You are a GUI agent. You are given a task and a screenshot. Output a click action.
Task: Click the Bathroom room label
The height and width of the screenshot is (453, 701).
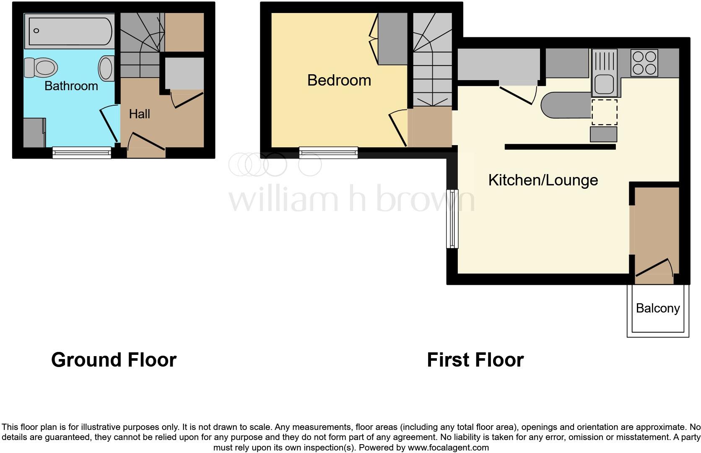[71, 86]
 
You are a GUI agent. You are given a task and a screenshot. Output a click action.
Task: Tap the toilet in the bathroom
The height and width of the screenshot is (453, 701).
[41, 68]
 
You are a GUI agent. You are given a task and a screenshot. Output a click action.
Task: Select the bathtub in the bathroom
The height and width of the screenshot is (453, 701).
[70, 31]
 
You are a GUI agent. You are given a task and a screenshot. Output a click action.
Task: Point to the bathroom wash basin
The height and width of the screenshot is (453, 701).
[106, 69]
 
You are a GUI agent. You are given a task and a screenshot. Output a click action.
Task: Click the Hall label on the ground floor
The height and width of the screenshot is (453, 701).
[139, 114]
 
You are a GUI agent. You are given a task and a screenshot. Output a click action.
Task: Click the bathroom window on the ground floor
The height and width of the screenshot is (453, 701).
[82, 153]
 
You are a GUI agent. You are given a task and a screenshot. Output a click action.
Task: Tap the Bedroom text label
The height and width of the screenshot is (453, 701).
[339, 80]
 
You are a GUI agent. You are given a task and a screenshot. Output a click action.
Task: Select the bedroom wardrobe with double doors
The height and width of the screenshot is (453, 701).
[392, 39]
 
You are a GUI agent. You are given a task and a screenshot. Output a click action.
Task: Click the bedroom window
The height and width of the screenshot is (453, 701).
[328, 153]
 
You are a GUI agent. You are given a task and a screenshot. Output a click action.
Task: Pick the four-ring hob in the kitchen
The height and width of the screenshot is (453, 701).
[644, 62]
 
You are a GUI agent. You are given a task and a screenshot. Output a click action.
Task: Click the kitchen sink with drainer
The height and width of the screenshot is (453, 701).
[604, 72]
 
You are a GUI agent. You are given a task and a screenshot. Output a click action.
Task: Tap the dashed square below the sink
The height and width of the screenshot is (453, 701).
[604, 112]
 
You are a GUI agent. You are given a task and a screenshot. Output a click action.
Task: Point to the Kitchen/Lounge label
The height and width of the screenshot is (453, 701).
[543, 180]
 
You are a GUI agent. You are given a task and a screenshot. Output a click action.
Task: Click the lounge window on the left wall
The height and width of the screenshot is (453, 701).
[452, 219]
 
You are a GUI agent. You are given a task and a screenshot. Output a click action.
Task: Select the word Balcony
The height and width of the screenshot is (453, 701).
[657, 308]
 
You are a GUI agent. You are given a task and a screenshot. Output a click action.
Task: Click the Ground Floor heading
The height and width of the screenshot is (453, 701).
[114, 360]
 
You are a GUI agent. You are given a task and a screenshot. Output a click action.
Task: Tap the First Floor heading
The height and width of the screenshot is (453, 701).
[475, 360]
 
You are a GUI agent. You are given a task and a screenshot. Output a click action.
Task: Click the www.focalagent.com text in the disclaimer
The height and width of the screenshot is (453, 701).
[448, 448]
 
